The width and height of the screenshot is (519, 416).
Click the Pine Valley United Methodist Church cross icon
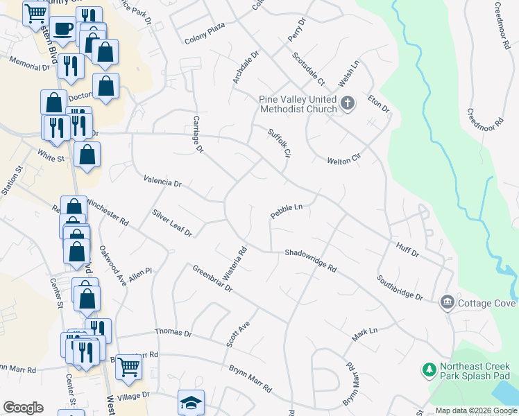click(348, 104)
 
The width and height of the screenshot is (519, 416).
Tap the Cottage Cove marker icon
click(448, 302)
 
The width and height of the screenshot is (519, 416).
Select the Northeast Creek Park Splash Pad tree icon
click(429, 370)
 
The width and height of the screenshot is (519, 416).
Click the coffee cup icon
click(63, 29)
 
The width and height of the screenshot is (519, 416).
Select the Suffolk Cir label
click(278, 142)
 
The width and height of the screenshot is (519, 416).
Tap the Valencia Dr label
click(162, 182)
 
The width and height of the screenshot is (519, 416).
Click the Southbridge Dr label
click(400, 288)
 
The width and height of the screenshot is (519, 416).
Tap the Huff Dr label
click(407, 250)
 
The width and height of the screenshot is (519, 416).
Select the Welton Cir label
click(345, 159)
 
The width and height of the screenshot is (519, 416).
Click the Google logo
click(23, 408)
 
